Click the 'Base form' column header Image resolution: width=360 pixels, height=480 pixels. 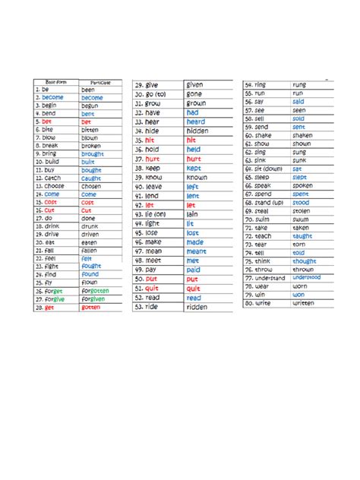[x=55, y=81]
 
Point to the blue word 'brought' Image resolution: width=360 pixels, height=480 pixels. [x=93, y=154]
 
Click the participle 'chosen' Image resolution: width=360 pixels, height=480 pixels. [x=91, y=186]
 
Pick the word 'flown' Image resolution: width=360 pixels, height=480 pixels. [x=90, y=282]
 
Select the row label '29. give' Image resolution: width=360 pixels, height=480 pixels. [x=147, y=85]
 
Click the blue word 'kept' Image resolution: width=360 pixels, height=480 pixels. [x=194, y=168]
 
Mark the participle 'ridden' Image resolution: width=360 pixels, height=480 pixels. [x=196, y=307]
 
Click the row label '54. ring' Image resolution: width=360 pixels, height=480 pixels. [x=255, y=84]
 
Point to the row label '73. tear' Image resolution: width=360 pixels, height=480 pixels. [x=256, y=245]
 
